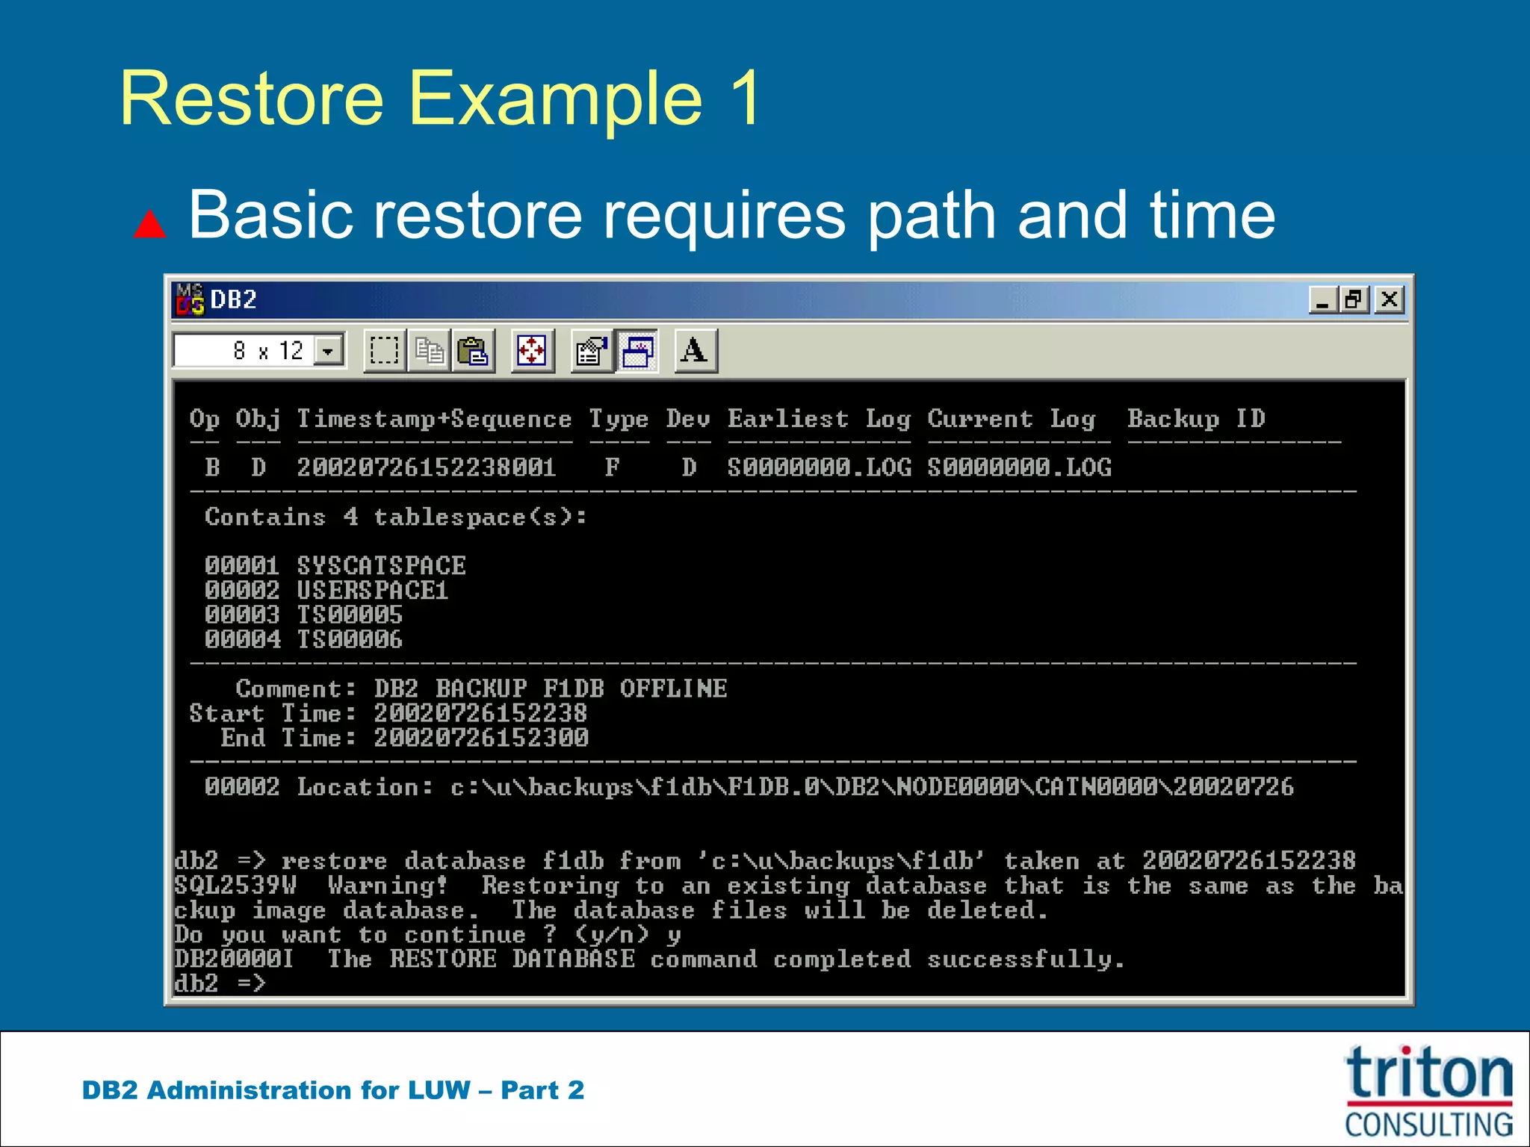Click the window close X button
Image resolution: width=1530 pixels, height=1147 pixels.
pyautogui.click(x=1389, y=300)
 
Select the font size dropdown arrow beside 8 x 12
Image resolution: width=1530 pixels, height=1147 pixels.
pyautogui.click(x=328, y=350)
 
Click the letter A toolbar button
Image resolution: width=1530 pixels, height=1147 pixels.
pyautogui.click(x=695, y=350)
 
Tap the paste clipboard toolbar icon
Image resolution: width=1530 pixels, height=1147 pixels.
pyautogui.click(x=473, y=350)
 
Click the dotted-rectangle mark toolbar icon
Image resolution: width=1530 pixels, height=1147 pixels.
pyautogui.click(x=384, y=350)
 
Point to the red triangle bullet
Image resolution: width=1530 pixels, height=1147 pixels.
pyautogui.click(x=149, y=224)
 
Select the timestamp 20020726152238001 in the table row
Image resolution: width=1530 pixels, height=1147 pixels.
pyautogui.click(x=426, y=467)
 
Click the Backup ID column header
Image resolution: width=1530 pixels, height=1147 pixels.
pyautogui.click(x=1196, y=418)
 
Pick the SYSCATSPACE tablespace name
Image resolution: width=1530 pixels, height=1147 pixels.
pyautogui.click(x=381, y=565)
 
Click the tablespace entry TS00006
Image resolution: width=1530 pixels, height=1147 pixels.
pyautogui.click(x=349, y=639)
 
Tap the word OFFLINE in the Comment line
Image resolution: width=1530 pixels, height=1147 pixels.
pyautogui.click(x=673, y=688)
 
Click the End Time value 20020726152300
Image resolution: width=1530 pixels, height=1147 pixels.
pyautogui.click(x=480, y=738)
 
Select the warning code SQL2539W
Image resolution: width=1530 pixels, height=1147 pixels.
pyautogui.click(x=235, y=886)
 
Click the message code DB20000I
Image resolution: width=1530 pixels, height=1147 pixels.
pyautogui.click(x=234, y=959)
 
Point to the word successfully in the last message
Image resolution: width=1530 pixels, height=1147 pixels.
pyautogui.click(x=1025, y=959)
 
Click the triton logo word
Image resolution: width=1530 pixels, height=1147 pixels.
pyautogui.click(x=1428, y=1073)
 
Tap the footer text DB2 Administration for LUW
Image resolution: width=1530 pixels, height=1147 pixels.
pyautogui.click(x=276, y=1090)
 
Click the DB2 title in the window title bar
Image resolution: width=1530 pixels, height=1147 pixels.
pyautogui.click(x=234, y=300)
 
